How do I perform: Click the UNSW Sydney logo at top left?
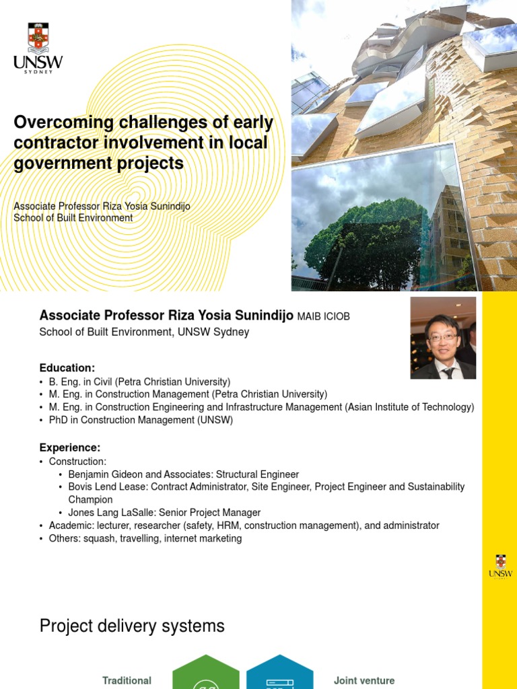38,47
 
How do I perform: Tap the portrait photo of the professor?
443,338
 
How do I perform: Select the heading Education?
67,368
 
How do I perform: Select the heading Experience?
70,447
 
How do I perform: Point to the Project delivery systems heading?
132,626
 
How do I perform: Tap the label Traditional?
127,680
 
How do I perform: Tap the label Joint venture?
364,680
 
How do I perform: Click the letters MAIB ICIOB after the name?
324,316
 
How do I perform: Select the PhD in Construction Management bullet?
141,420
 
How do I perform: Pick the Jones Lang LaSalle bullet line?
164,513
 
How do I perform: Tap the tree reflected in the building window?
367,242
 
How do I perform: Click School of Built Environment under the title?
73,218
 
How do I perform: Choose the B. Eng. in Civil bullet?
139,382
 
